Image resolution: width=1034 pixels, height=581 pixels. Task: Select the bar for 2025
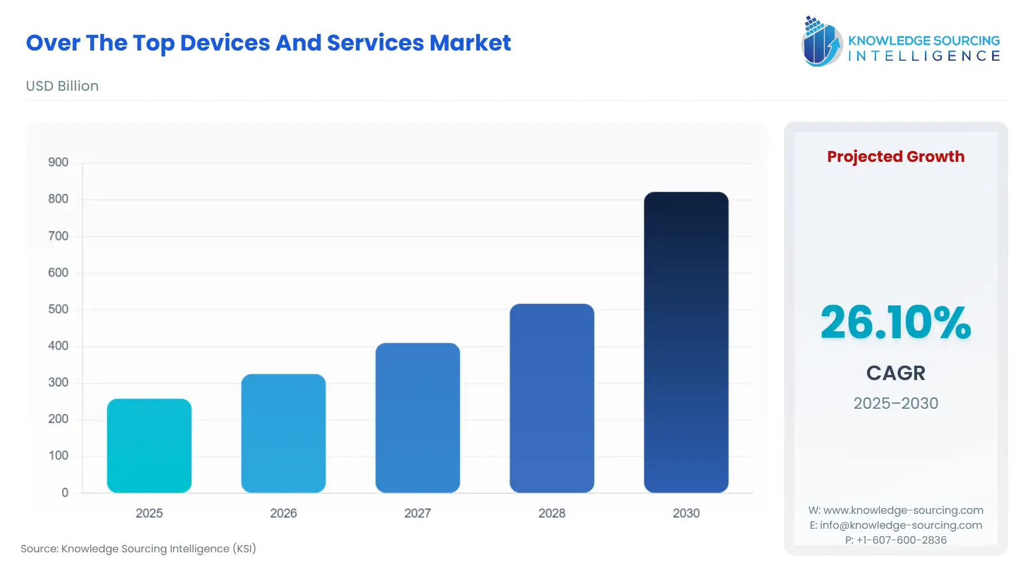tap(149, 446)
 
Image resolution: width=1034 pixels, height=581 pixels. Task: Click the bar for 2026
tap(283, 433)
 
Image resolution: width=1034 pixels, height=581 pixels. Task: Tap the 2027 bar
tap(418, 417)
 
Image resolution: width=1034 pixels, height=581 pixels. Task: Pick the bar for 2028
tap(551, 398)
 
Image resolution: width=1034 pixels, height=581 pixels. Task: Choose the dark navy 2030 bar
tap(686, 342)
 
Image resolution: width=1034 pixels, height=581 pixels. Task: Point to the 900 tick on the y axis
tap(58, 162)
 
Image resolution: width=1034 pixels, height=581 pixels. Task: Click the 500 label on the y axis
tap(58, 309)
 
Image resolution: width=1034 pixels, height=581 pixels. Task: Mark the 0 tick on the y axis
tap(65, 493)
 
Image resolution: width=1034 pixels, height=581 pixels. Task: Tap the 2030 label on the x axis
tap(686, 513)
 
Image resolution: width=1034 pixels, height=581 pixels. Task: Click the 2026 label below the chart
tap(283, 513)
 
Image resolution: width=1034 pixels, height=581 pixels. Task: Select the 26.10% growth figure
tap(895, 323)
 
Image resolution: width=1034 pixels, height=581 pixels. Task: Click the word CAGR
tap(896, 373)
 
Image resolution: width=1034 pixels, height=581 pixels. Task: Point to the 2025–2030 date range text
tap(896, 403)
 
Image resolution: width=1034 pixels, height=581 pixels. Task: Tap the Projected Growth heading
tap(896, 156)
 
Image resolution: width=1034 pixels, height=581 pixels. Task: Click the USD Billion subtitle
tap(62, 86)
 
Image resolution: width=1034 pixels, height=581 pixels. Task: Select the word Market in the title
tap(470, 43)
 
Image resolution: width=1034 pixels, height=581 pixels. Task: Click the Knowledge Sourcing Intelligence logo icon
tap(821, 41)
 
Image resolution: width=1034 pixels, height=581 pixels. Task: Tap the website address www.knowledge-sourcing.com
tap(903, 510)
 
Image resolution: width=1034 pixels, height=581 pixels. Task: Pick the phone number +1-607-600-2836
tap(901, 540)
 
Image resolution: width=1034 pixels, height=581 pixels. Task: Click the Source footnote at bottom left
tap(138, 549)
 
